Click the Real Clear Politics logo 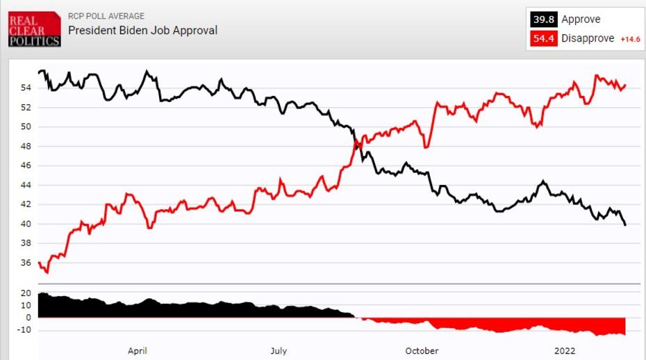(x=34, y=28)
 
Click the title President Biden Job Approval (x=142, y=30)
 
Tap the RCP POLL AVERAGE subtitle (x=106, y=16)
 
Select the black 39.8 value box (x=543, y=19)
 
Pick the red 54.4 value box (x=543, y=39)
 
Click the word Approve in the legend (x=581, y=19)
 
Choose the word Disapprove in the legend (x=588, y=39)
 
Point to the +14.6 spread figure (x=629, y=40)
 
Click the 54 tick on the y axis (x=26, y=88)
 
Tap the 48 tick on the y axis (x=26, y=146)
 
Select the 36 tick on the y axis (x=26, y=263)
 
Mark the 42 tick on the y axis (x=26, y=204)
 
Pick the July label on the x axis (x=279, y=351)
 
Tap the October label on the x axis (x=422, y=351)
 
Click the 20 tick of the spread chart (x=26, y=293)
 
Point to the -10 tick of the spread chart (x=24, y=330)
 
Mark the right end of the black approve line (x=625, y=224)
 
